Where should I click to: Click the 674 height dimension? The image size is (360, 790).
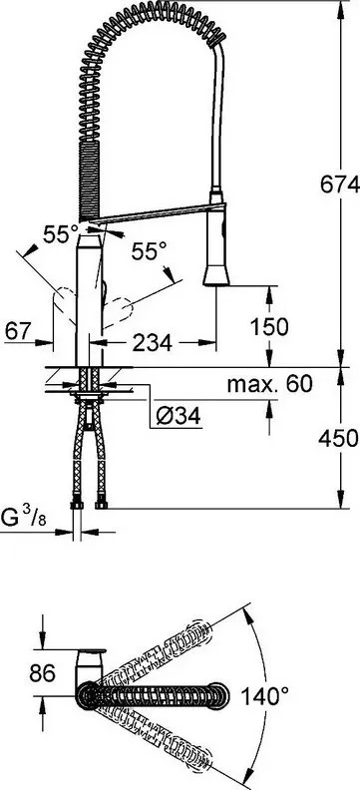340,185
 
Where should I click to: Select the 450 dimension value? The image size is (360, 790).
338,438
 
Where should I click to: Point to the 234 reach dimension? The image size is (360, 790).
152,343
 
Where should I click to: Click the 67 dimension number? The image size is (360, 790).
19,331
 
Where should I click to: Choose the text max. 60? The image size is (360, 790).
270,384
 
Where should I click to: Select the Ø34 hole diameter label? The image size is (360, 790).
179,416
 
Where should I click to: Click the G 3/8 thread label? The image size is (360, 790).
24,518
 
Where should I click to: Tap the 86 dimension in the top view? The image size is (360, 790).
42,673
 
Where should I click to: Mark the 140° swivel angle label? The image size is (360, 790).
264,697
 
